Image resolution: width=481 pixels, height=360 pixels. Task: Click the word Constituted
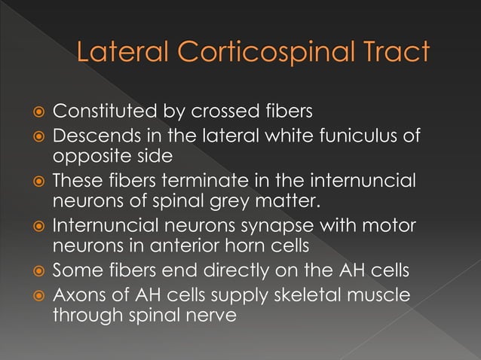[x=105, y=113]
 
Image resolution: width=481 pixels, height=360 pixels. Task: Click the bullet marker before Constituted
[x=39, y=114]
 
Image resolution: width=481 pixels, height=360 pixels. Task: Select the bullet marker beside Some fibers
[x=39, y=269]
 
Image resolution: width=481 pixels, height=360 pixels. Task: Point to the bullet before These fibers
[x=39, y=182]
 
